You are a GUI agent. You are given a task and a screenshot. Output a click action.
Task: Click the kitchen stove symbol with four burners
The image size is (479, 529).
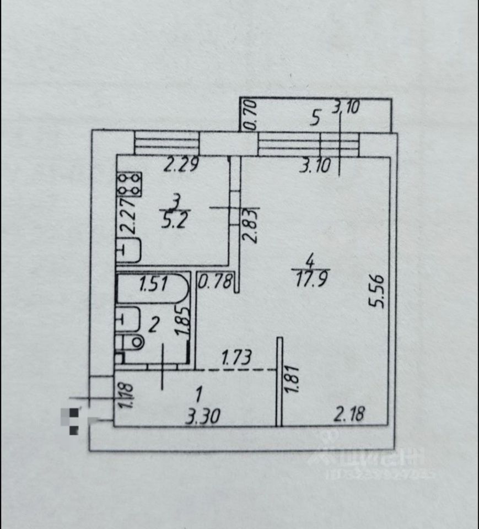(130, 184)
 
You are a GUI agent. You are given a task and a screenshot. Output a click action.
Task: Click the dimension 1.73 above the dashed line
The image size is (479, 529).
(236, 357)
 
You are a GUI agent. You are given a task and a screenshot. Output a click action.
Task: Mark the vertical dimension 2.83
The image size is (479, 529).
(251, 225)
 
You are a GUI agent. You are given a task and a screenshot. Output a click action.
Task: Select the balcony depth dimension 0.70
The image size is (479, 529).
(250, 115)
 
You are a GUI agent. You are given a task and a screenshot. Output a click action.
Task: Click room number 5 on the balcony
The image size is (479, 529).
(315, 117)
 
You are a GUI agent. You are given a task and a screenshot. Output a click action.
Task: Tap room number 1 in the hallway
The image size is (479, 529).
(200, 393)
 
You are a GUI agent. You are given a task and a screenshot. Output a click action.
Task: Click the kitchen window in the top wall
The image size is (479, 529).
(166, 144)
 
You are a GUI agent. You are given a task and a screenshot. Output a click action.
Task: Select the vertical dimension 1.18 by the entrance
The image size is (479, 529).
(127, 396)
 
